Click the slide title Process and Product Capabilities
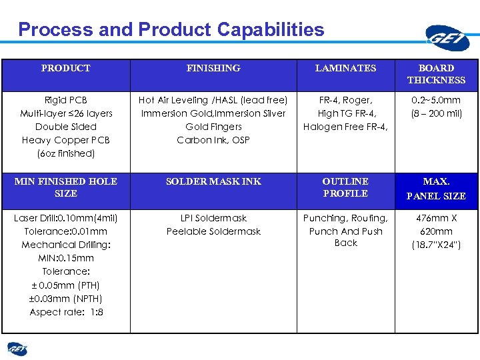171,30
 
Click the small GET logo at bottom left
17,349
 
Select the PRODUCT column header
65,68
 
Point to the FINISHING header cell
213,68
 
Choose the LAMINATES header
345,68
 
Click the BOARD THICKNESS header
436,74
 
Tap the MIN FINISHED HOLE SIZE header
65,187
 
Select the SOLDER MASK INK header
213,181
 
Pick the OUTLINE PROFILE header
345,187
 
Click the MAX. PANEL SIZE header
436,189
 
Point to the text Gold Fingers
213,127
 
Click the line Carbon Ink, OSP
213,140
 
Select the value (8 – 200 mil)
436,113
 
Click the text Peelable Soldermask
213,231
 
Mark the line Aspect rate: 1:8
66,312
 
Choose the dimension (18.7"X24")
436,245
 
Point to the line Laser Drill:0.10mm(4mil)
65,218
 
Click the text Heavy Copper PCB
65,140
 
